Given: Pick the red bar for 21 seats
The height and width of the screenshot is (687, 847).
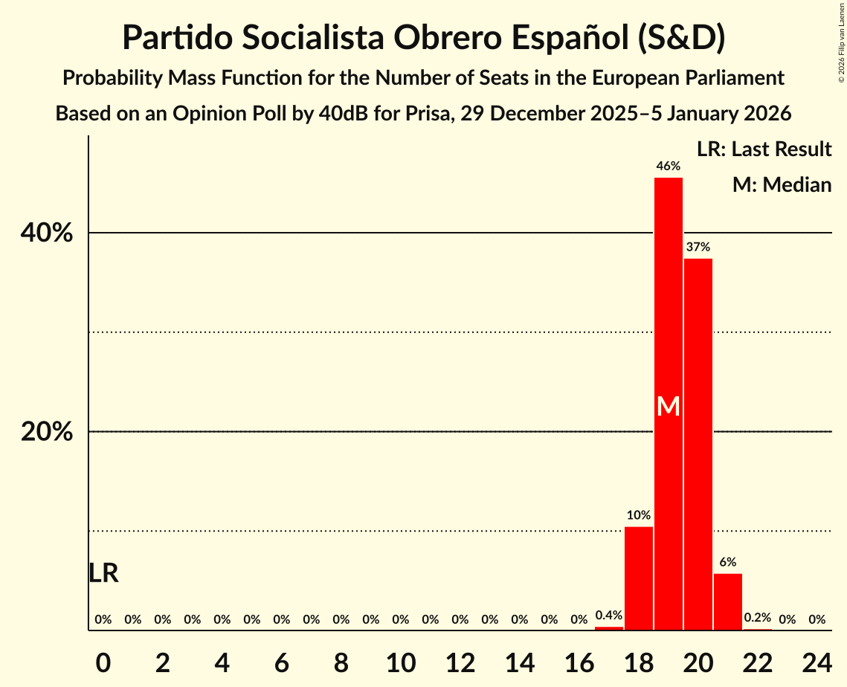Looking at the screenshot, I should (728, 601).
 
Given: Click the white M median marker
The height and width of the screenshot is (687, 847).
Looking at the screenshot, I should (669, 406).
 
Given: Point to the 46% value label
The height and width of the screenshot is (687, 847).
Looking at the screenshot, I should (669, 166).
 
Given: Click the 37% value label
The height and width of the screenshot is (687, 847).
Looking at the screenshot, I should (698, 247).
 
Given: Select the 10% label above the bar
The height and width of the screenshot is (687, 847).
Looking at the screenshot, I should (639, 515).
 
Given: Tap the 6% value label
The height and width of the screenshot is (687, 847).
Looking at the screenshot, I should (728, 562).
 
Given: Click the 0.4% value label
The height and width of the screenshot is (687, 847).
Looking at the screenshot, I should (609, 616).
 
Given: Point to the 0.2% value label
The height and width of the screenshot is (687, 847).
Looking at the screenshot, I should (758, 618).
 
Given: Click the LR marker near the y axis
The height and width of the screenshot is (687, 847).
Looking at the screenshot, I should (103, 573).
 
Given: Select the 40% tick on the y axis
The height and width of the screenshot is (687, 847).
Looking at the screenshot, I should (47, 233).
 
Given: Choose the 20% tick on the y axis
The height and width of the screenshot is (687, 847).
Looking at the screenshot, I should (47, 432).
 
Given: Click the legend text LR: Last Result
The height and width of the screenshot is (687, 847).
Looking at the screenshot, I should (764, 149).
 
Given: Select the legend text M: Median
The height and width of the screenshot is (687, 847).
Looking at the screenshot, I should (782, 184).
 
